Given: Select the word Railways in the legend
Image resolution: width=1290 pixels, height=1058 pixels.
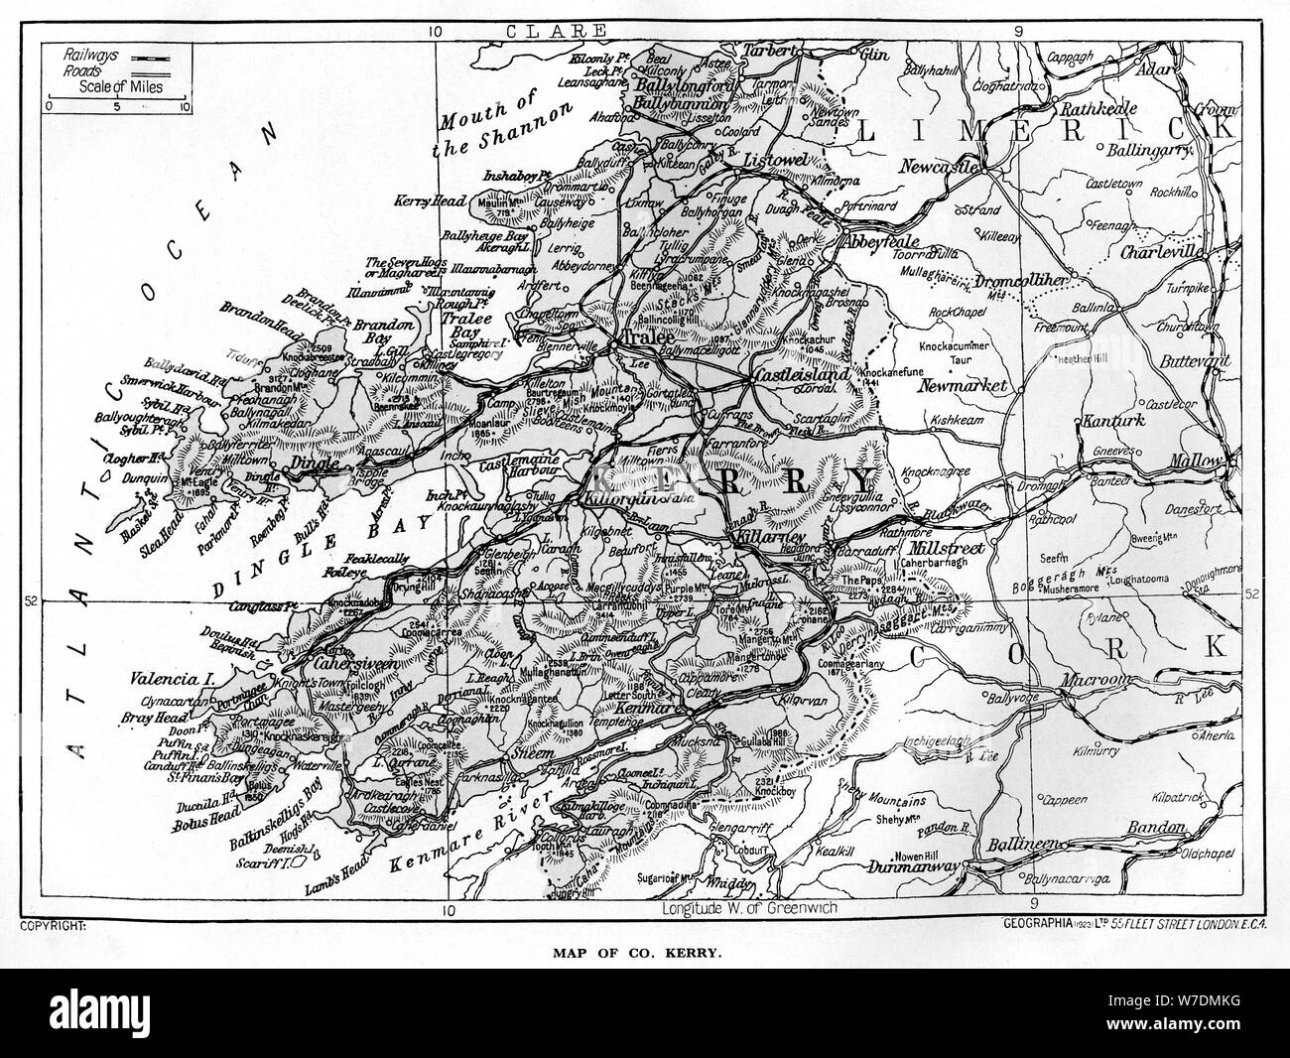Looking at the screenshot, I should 87,48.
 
